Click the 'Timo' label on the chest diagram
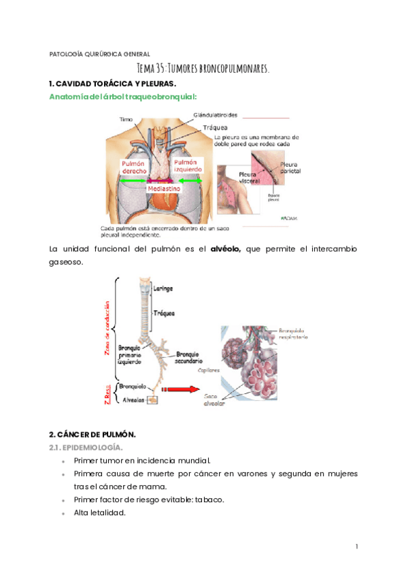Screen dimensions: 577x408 [126, 119]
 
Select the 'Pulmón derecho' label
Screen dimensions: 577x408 [134, 167]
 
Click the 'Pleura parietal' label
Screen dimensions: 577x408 [290, 167]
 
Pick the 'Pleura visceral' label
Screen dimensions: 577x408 [251, 178]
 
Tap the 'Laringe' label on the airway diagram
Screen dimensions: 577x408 [163, 288]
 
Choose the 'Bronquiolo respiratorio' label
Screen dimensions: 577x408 [294, 334]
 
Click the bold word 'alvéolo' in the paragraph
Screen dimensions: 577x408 [225, 250]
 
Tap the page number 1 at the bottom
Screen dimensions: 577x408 [356, 546]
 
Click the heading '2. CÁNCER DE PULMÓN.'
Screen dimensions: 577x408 [92, 434]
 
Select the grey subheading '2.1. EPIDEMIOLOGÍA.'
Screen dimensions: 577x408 [85, 447]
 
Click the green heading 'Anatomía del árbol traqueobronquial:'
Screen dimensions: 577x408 [122, 97]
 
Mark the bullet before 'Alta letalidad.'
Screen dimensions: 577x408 [63, 512]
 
